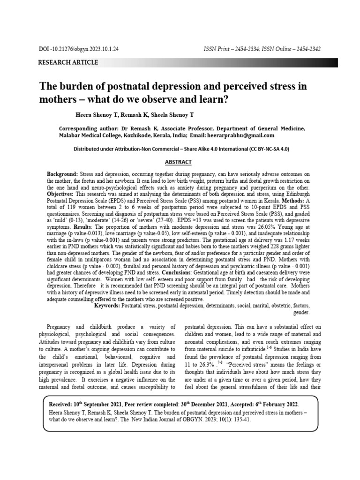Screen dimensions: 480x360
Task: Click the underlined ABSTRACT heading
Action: (x=178, y=162)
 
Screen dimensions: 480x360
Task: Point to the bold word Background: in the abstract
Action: (x=63, y=174)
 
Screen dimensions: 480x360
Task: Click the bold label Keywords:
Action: (x=107, y=305)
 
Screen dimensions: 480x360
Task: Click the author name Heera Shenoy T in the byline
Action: (x=93, y=114)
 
